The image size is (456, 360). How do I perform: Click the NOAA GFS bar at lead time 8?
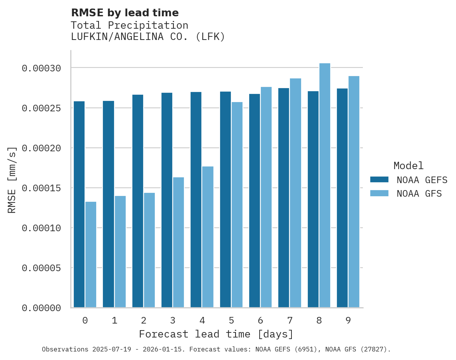(325, 185)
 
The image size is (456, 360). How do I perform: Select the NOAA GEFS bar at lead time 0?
(79, 204)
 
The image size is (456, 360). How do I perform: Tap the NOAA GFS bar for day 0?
(91, 254)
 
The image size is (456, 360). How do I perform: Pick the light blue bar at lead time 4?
(208, 237)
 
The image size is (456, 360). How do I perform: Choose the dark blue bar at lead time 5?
(225, 199)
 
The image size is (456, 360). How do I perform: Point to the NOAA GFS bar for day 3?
(179, 242)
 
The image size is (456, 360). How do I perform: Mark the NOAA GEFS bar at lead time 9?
(342, 198)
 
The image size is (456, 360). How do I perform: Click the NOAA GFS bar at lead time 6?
(266, 197)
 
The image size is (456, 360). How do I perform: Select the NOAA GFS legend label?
(419, 193)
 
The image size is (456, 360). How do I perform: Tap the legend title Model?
(408, 166)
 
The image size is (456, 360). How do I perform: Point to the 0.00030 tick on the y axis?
(42, 68)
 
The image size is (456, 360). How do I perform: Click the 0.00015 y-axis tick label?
(42, 188)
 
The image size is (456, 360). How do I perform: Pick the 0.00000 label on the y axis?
(42, 308)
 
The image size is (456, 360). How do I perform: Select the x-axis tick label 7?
(290, 320)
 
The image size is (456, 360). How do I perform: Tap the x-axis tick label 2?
(144, 320)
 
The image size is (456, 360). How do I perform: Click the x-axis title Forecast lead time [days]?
(216, 334)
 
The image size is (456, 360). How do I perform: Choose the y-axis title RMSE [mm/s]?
(12, 180)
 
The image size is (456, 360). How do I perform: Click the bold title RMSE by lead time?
(125, 13)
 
